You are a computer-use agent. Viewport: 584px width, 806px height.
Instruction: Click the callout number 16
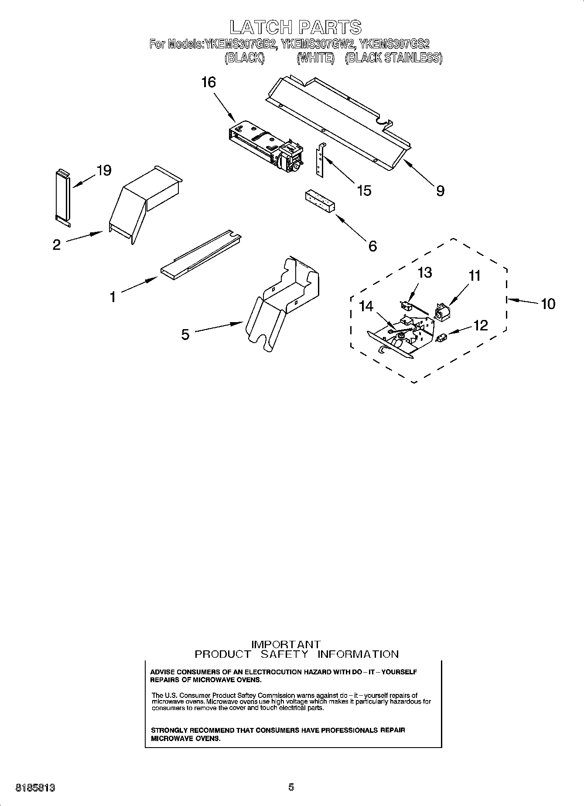coord(208,82)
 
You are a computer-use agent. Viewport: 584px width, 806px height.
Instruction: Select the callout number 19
coord(104,170)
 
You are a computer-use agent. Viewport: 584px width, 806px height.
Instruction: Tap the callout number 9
coord(440,190)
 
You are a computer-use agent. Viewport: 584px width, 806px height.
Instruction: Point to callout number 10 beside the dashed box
coord(548,303)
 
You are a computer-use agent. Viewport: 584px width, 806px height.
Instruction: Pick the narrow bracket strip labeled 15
coord(321,159)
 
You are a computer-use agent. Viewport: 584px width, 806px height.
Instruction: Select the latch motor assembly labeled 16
coord(263,144)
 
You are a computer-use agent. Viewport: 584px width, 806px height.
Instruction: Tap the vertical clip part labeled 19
coord(62,197)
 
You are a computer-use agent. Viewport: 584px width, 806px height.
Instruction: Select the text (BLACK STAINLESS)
coord(393,58)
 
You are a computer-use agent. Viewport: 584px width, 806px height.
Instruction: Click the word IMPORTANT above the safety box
coord(286,644)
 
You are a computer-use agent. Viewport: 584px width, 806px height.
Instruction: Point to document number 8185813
coord(35,787)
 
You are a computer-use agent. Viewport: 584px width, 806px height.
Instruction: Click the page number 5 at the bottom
coord(291,787)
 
